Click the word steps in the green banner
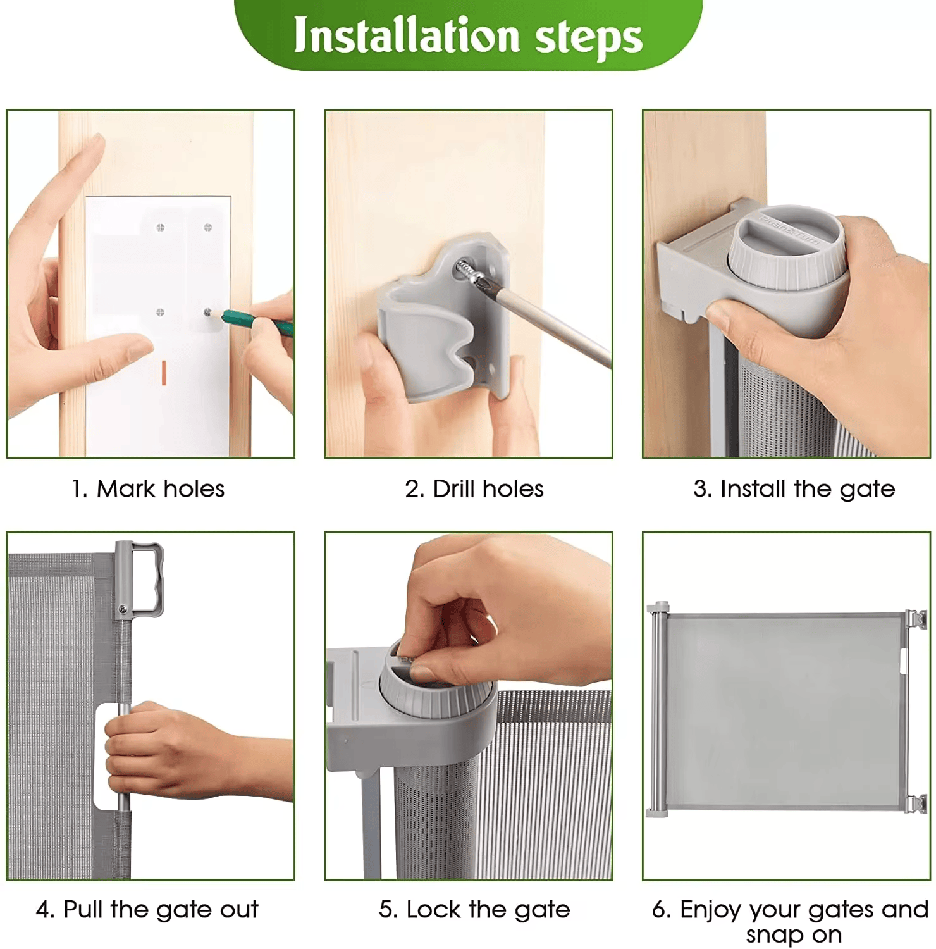pos(588,37)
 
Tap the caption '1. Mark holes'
pos(148,488)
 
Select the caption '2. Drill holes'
pos(474,488)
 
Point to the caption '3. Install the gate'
pos(794,488)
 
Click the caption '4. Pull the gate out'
pos(147,909)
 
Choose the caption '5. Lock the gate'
pos(474,909)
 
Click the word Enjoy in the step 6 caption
pos(715,909)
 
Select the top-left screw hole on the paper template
pos(160,227)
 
